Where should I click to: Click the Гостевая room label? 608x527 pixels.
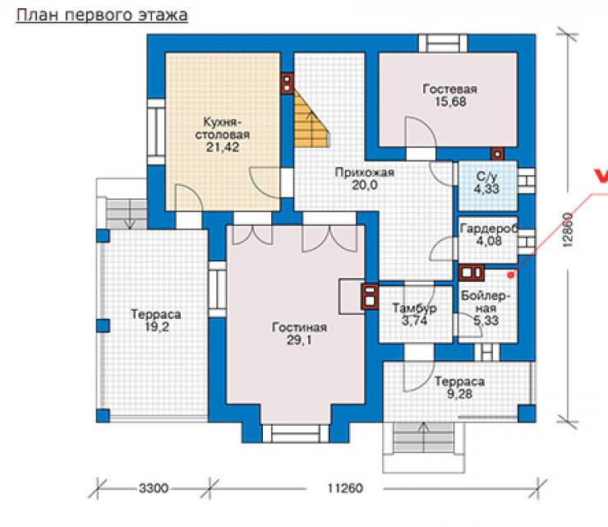(x=449, y=89)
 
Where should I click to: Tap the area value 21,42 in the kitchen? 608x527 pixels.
(x=223, y=147)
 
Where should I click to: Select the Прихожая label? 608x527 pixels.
(x=365, y=173)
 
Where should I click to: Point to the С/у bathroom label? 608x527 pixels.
(x=486, y=177)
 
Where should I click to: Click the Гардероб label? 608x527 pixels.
(x=489, y=229)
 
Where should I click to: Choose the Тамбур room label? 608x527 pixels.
(x=415, y=308)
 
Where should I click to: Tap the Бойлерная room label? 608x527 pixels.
(x=486, y=302)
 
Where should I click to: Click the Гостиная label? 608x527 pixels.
(x=299, y=327)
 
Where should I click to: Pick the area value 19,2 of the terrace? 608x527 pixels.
(x=157, y=327)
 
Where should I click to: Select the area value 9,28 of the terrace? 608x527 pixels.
(x=459, y=394)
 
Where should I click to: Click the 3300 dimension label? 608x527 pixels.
(x=154, y=488)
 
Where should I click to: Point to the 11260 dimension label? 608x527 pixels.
(x=345, y=488)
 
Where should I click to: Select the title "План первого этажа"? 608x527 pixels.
(x=102, y=15)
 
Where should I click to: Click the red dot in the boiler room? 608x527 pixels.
(x=511, y=275)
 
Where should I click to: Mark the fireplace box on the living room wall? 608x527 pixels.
(x=352, y=296)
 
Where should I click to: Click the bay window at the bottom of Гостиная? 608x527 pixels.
(x=296, y=433)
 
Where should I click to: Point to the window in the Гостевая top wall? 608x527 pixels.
(x=443, y=43)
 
